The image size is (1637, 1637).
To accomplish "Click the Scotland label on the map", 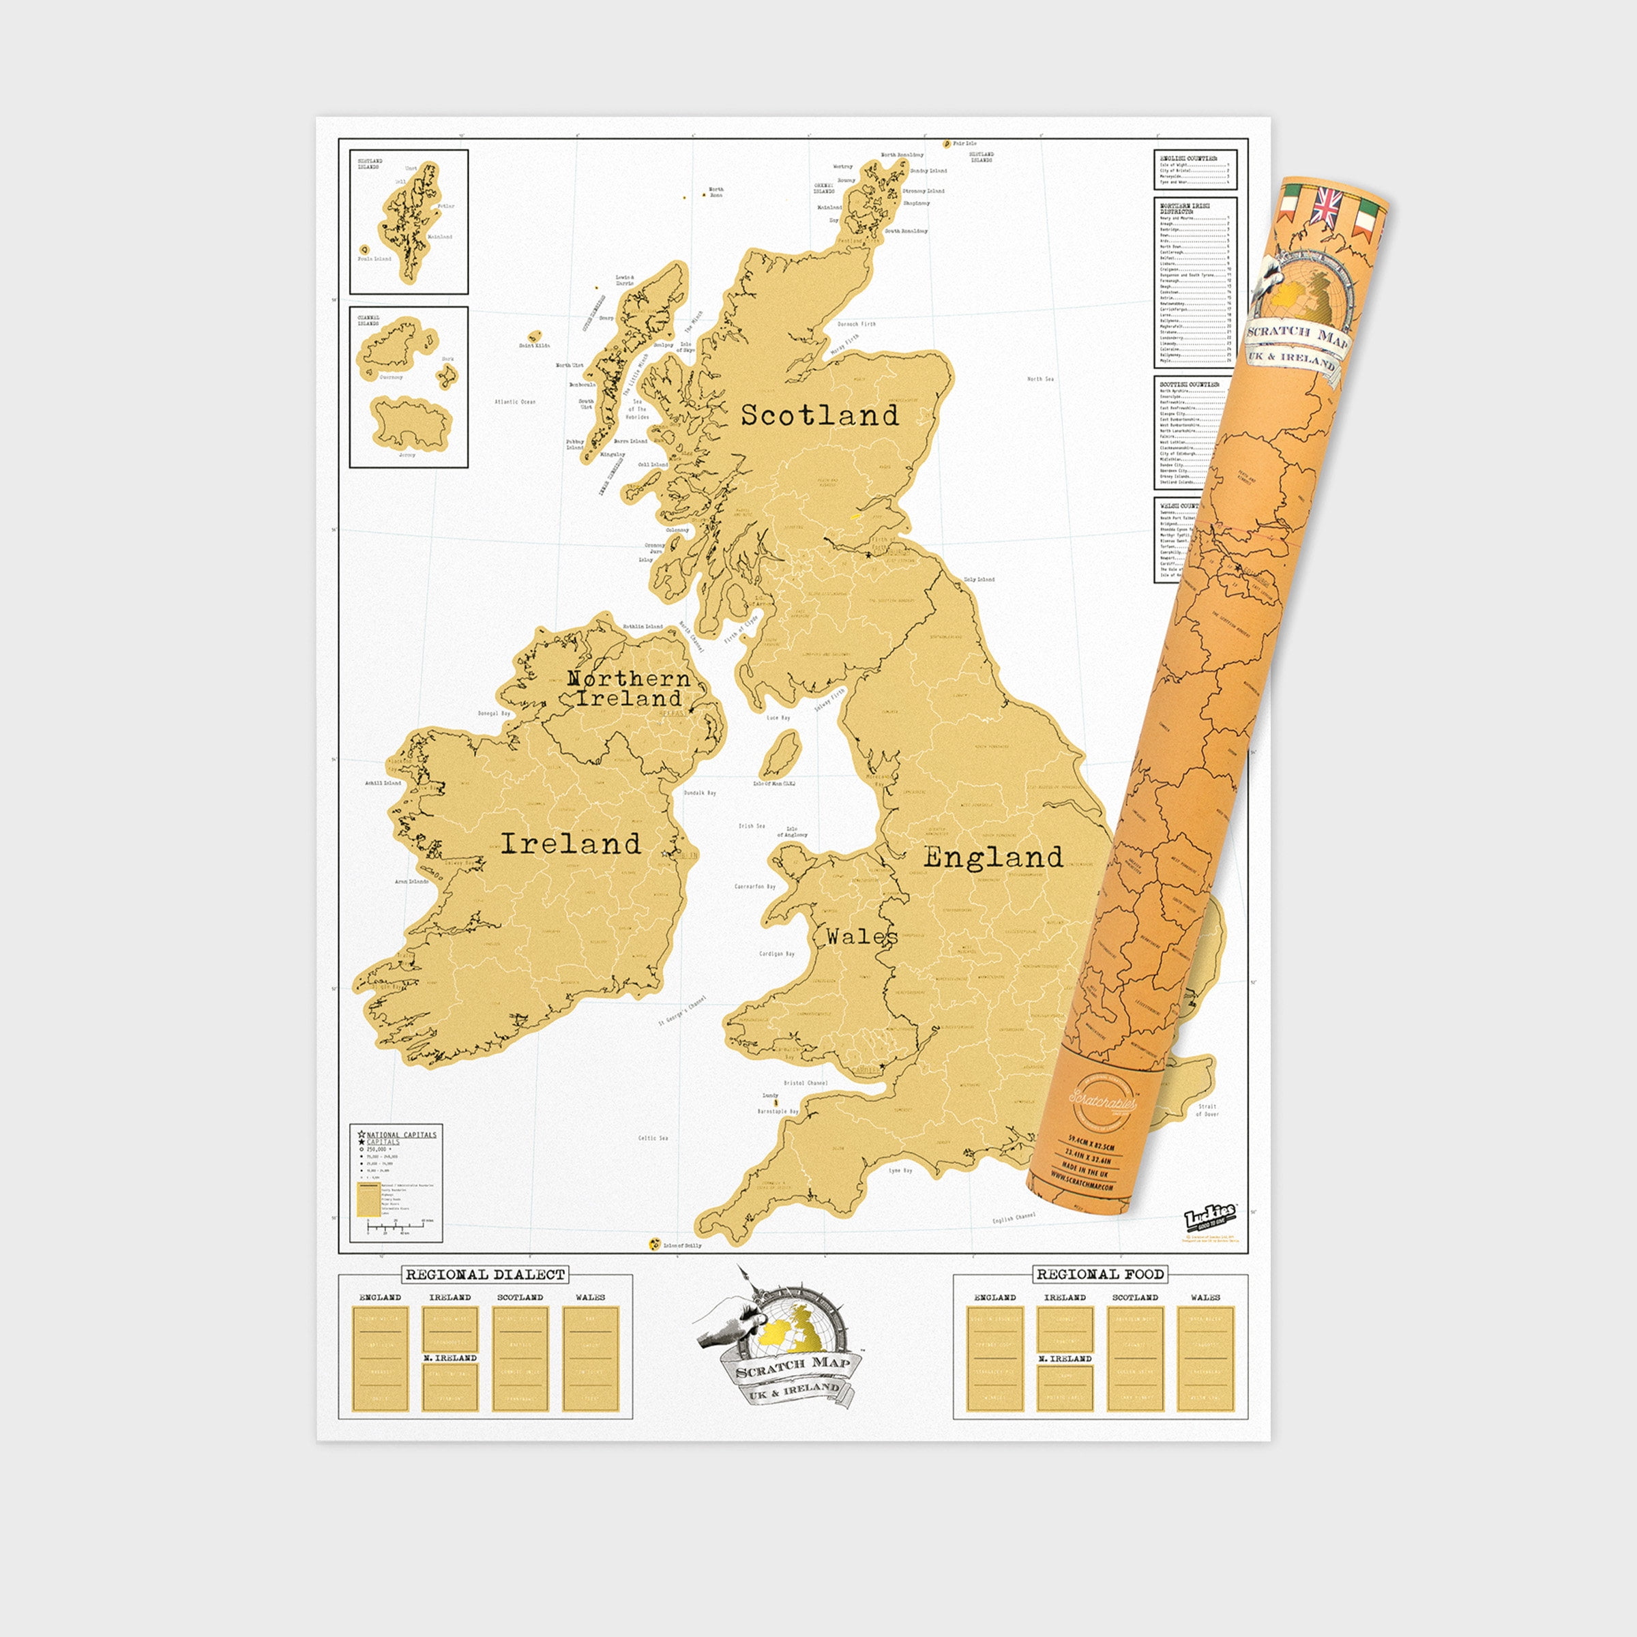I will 819,415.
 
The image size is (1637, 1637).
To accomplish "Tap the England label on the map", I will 993,857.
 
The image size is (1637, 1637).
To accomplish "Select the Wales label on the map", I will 861,937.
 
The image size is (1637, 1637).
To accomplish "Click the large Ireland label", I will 570,844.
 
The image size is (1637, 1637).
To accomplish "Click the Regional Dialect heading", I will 485,1274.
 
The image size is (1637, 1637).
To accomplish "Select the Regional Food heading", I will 1100,1274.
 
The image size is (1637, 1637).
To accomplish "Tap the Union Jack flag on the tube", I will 1326,207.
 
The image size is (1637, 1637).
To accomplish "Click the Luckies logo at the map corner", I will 1209,1218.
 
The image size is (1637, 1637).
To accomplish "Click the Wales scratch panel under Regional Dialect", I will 591,1360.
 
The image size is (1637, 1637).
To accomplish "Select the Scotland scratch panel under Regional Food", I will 1134,1360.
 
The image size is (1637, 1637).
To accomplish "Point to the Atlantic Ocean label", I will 515,402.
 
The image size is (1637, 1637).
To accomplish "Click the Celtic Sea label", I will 653,1138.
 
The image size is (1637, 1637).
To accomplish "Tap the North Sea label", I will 1040,379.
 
